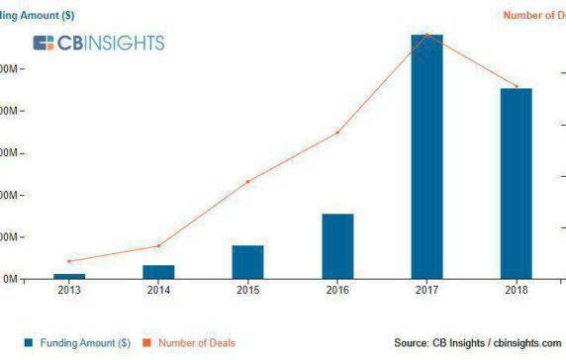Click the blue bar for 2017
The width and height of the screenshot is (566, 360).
click(426, 156)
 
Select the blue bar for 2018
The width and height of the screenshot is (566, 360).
click(516, 183)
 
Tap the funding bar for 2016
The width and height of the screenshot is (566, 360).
click(337, 245)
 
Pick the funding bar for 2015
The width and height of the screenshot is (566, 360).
click(248, 261)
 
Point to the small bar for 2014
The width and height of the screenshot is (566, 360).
click(158, 271)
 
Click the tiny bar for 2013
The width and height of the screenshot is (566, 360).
click(69, 276)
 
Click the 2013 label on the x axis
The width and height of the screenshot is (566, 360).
click(69, 290)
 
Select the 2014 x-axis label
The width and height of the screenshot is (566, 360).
click(158, 290)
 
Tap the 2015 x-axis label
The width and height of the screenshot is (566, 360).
click(248, 290)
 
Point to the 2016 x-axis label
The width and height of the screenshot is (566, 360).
click(337, 290)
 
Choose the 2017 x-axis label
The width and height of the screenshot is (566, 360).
click(426, 290)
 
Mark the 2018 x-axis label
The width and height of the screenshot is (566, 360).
click(516, 290)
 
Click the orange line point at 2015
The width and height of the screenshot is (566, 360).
click(248, 181)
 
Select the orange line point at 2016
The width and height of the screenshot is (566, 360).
click(337, 132)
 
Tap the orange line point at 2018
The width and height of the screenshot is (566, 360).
click(516, 86)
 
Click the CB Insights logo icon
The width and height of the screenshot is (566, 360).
click(44, 43)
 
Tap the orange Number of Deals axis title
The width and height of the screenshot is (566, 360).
click(534, 15)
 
